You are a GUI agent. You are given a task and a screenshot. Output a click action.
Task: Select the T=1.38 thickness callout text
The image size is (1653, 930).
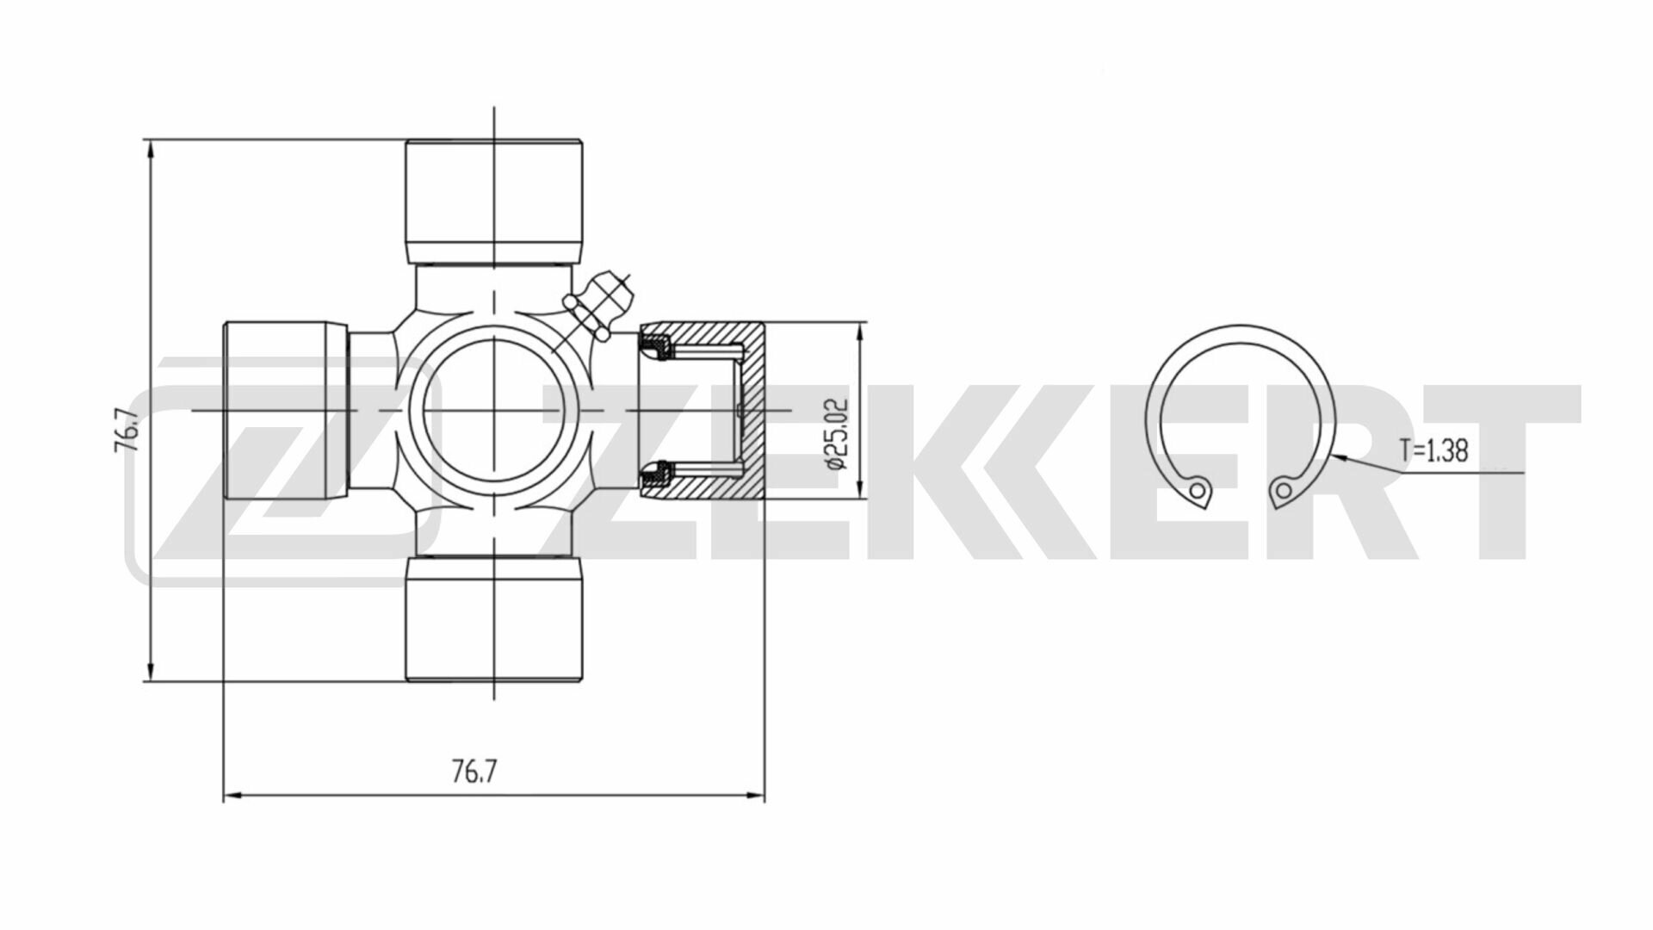coord(1433,450)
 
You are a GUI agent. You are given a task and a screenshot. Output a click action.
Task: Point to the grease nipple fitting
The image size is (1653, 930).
coord(603,302)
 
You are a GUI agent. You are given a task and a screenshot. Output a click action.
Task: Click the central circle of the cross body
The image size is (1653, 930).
coord(494,410)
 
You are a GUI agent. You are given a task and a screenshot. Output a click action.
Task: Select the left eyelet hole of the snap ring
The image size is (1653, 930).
coord(1197,491)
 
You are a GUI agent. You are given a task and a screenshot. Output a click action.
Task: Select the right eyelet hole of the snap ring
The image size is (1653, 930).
coord(1284,491)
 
